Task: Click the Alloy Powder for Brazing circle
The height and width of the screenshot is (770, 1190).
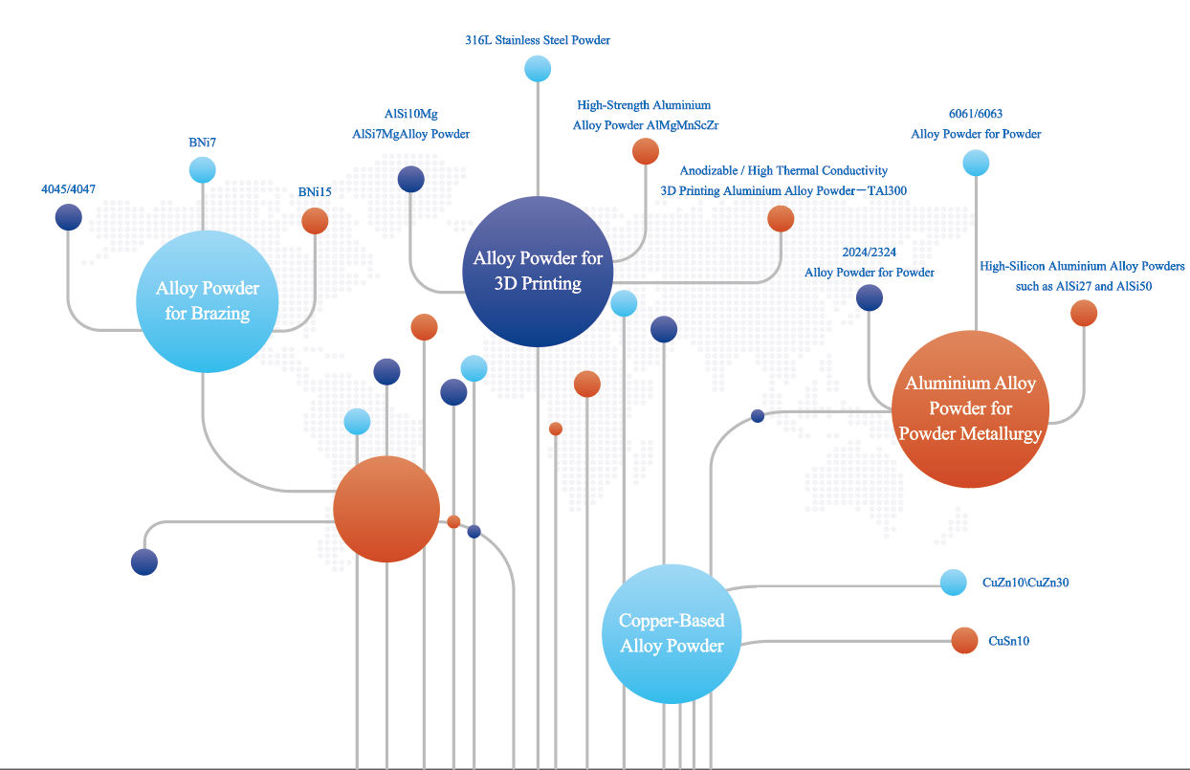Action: [208, 300]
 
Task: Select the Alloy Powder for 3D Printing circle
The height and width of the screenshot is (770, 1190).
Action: [538, 271]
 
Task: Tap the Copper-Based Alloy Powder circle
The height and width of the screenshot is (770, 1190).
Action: [672, 632]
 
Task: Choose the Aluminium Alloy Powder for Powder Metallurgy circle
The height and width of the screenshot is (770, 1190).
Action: [970, 408]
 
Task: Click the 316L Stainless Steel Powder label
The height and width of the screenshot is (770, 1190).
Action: [538, 40]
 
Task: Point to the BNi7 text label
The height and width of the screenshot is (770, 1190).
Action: [203, 143]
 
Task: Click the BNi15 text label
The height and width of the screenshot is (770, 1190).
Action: [315, 192]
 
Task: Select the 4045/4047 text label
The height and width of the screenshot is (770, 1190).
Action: [68, 189]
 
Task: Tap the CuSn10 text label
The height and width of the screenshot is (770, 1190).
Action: [1008, 641]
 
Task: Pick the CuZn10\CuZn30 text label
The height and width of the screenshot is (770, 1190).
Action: [1025, 583]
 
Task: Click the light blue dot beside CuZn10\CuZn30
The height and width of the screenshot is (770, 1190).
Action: [954, 583]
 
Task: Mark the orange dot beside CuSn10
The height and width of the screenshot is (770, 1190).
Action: [964, 641]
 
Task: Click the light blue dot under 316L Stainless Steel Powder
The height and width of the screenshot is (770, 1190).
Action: [538, 69]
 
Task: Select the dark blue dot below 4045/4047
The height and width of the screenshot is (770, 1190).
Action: [68, 217]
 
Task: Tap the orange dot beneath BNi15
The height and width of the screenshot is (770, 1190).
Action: [315, 222]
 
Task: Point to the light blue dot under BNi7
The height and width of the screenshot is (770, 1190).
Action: [203, 170]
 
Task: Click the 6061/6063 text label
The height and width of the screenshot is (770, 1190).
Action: [976, 114]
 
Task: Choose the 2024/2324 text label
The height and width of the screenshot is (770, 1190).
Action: [869, 253]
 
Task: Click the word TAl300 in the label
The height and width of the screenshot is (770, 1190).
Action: [885, 190]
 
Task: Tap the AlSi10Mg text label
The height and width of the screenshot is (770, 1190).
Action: [410, 114]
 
